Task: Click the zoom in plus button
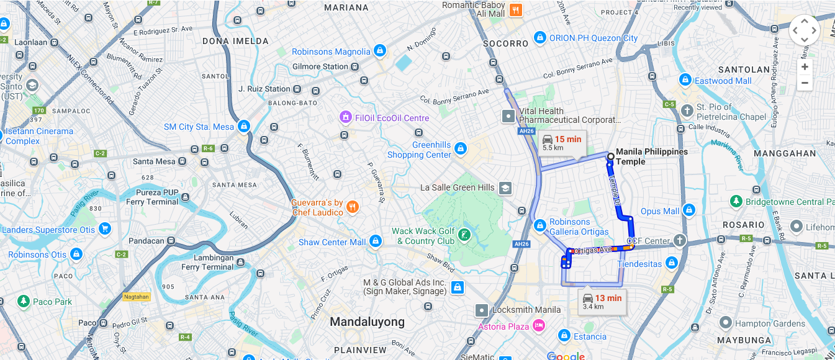coord(805,67)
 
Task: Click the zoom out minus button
coord(805,83)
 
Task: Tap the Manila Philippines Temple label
coord(651,156)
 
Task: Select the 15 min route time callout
coord(562,143)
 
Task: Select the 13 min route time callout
coord(602,302)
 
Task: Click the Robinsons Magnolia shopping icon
coord(380,51)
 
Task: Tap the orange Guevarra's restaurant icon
coord(353,207)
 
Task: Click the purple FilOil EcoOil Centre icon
coord(346,117)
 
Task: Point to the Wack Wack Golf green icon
coord(464,236)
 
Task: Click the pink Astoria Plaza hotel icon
coord(538,326)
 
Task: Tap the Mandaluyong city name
coord(367,322)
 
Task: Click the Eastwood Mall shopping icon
coord(685,80)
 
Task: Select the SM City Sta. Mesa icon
coord(243,126)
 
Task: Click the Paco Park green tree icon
coord(24,302)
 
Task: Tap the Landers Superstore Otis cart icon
coord(104,229)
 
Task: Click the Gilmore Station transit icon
coord(354,66)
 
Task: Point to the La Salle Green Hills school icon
coord(505,187)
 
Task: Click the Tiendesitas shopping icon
coord(670,263)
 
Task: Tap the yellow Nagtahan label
coord(136,297)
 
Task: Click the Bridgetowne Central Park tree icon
coord(736,201)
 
